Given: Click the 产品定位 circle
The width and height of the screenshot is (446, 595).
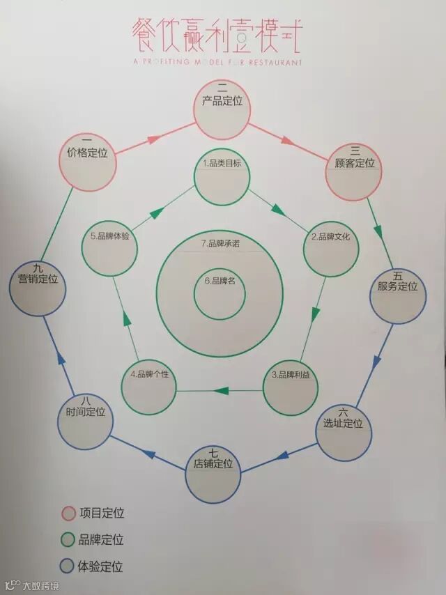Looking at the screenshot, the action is (x=222, y=110).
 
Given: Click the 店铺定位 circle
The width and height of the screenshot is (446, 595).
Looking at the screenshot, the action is (x=214, y=472).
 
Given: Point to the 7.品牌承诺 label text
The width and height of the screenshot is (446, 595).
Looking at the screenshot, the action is (x=219, y=243).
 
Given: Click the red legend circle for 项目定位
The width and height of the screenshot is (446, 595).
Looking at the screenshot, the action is (x=68, y=513).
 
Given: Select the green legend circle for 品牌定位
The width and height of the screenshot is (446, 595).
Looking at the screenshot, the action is (x=68, y=540).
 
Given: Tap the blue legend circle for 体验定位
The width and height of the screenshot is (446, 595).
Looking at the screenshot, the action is (x=68, y=566).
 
